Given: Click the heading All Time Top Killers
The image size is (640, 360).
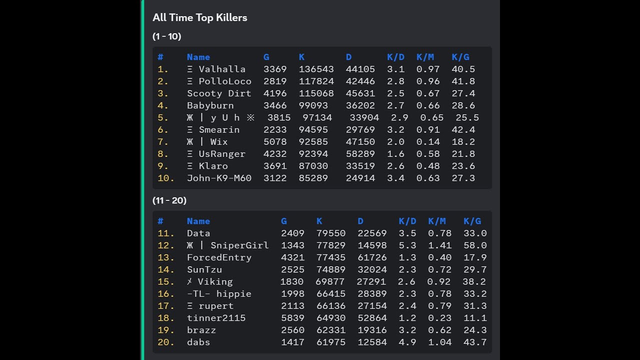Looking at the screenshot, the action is pos(199,17).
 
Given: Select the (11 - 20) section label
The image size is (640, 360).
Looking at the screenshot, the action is pos(169,200).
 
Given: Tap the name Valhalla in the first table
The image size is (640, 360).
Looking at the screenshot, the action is pos(222,69).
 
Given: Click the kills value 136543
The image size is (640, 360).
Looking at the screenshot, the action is pos(316,69).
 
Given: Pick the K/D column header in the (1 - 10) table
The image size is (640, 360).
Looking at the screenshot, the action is pos(395,57).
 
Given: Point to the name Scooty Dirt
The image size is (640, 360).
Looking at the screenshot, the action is pos(219,93).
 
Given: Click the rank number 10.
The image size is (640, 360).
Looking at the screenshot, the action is pos(165,178).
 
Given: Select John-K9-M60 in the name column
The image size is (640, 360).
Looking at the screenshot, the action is pos(219,178).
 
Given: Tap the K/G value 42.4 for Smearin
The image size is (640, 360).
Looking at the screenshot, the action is pos(463,129).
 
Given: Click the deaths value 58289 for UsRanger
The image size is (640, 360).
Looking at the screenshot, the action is pos(360,154).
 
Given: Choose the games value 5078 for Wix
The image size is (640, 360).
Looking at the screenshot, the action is pos(275,142).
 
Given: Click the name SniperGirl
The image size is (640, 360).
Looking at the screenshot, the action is pos(239,245).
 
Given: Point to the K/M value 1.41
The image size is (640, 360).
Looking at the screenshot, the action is pos(439,245).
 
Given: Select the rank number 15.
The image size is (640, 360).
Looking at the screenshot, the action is pos(165,281).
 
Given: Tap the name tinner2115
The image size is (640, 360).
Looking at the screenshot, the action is pos(216,318).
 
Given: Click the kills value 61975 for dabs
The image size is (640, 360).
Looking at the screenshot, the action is pos(331,342).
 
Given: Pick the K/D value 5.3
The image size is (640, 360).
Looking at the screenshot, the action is pos(407,245).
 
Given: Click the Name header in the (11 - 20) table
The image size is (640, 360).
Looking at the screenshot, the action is pos(198,221).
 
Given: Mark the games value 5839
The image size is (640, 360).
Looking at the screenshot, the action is pos(292,318).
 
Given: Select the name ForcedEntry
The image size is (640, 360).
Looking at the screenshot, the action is pos(219,257).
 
